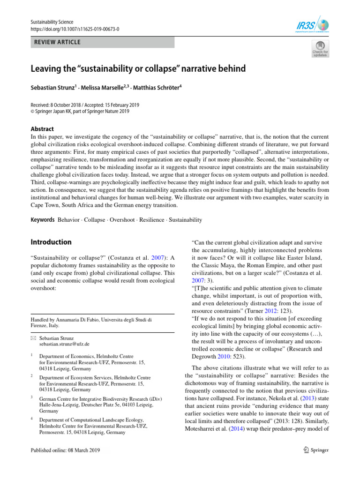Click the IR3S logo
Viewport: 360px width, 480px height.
coord(316,25)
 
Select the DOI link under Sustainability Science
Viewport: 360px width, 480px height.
coord(75,29)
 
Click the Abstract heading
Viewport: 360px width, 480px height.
coord(42,129)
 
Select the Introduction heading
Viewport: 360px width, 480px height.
coord(51,242)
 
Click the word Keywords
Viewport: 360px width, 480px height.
coord(43,220)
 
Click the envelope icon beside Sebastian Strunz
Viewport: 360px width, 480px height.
coord(33,337)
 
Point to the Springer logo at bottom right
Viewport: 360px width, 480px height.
coord(316,450)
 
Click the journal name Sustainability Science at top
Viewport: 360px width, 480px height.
coord(52,22)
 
